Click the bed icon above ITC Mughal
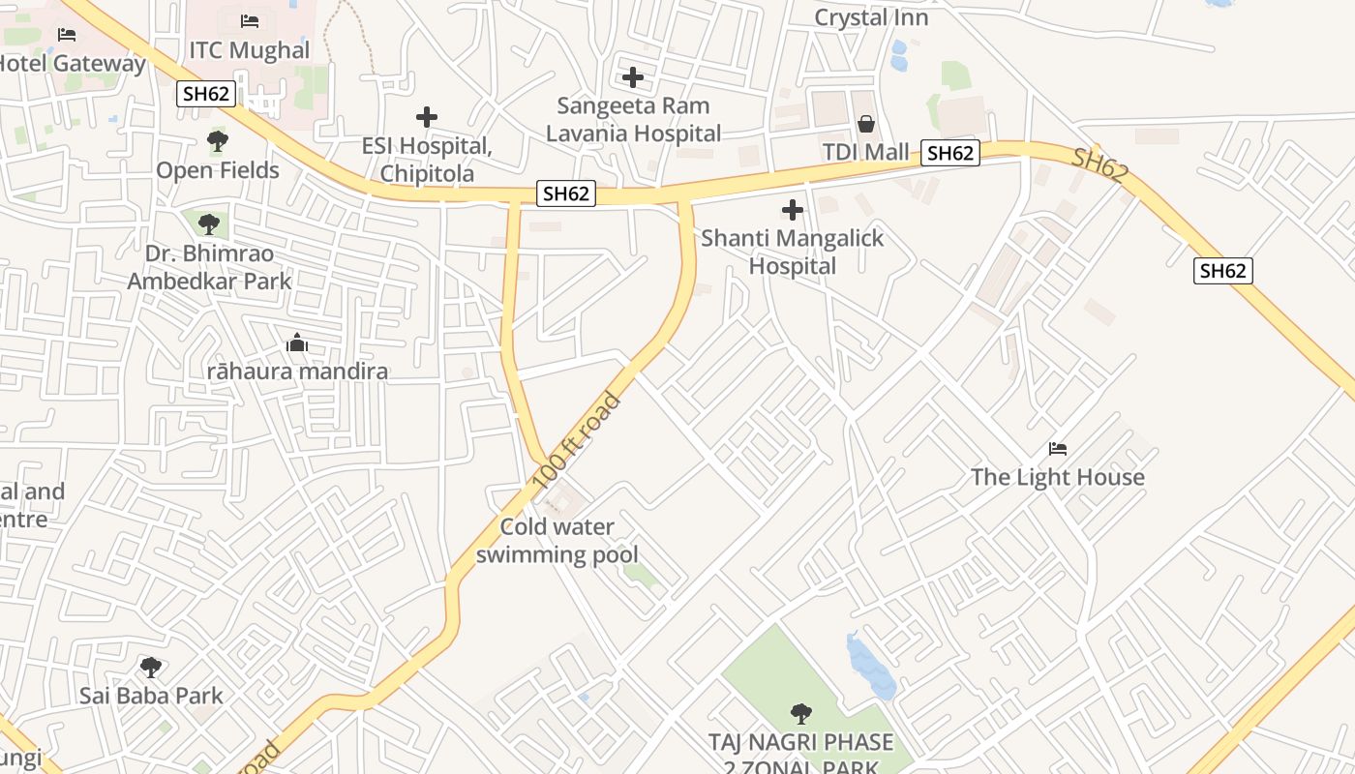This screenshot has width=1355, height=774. (250, 20)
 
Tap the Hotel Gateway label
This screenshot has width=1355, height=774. (72, 64)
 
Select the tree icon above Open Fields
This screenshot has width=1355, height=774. (218, 142)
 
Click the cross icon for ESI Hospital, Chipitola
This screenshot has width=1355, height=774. (427, 117)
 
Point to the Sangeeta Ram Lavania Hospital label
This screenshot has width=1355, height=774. (633, 119)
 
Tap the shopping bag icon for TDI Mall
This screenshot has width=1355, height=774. (865, 124)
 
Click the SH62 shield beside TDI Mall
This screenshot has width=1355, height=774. (949, 152)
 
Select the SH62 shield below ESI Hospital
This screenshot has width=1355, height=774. (565, 193)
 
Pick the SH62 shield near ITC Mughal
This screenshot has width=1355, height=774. (205, 94)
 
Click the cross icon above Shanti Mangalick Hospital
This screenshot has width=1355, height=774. (793, 209)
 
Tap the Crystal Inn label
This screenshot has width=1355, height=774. (871, 17)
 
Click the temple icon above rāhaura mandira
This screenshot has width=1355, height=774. (297, 342)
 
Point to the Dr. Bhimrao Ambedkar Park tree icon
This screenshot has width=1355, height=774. (208, 224)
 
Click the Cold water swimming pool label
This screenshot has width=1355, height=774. (557, 541)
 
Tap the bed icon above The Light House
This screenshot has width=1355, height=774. (1058, 449)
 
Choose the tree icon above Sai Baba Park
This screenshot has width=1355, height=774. (150, 667)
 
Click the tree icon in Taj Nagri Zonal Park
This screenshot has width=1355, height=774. (800, 714)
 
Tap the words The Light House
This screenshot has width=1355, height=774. (1057, 477)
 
